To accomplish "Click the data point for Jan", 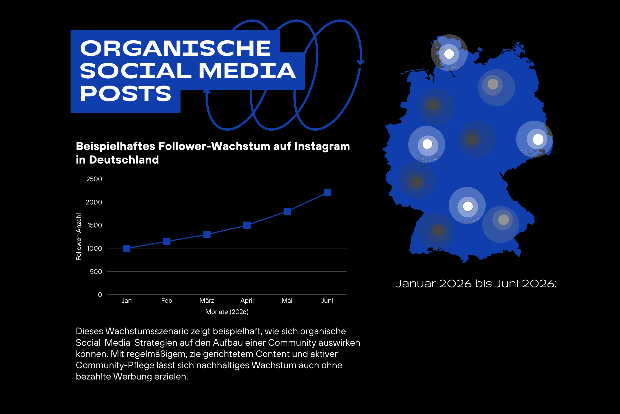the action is point(127,248).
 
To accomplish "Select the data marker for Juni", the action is point(327,193).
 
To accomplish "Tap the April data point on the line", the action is point(247,225).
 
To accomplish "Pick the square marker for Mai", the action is point(287,211).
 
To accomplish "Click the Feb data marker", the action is point(167,241).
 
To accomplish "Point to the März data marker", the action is point(207,234).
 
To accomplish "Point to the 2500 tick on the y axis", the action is point(94,179).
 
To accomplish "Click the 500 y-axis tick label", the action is point(96,272).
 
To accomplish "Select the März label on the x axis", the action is point(207,300).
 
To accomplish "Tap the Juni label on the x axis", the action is point(327,300).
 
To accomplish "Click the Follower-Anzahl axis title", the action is point(79,237).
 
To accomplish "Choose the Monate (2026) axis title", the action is point(227,312).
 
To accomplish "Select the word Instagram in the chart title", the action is point(322,147).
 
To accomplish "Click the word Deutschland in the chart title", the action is point(124,160).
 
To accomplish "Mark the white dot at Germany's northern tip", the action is point(449,54).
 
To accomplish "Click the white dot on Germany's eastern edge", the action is point(538,139).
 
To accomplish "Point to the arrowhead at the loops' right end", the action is point(360,62).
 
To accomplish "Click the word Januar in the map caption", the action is point(416,284).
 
